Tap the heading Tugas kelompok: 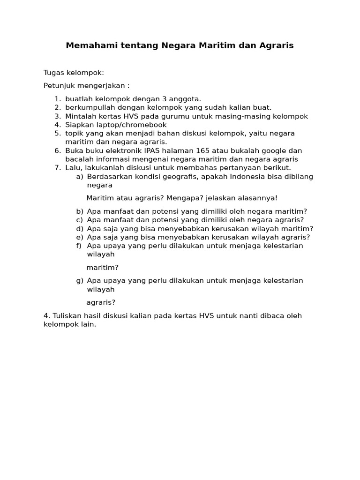(x=74, y=73)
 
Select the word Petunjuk (x=60, y=86)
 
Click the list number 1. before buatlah (x=57, y=99)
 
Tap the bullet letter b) (x=80, y=211)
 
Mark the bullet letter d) (x=80, y=229)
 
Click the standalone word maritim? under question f (x=102, y=268)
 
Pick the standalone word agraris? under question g (x=101, y=302)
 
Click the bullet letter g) (x=80, y=281)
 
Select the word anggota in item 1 (x=186, y=99)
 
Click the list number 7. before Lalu (x=57, y=168)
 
